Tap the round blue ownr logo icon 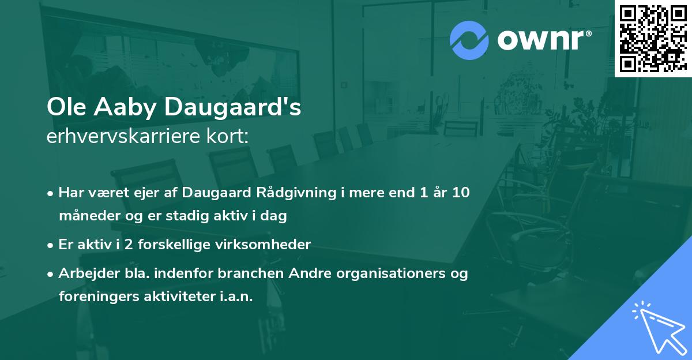(x=469, y=40)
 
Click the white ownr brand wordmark (x=543, y=40)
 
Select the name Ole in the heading (x=64, y=108)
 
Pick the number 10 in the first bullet (x=460, y=193)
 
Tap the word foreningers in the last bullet (x=94, y=297)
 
